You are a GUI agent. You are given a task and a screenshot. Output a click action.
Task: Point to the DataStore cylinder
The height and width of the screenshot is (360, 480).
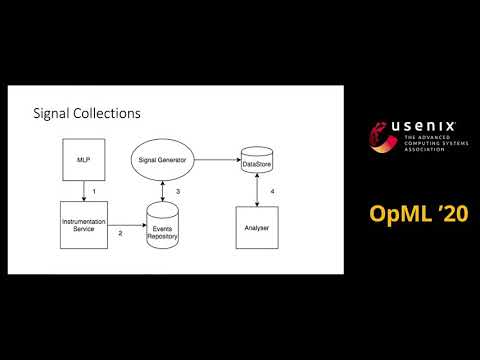[259, 160]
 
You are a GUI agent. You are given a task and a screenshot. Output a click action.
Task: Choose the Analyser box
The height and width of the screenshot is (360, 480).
[259, 228]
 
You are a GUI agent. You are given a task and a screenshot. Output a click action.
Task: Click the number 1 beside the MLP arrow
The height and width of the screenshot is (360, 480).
[93, 190]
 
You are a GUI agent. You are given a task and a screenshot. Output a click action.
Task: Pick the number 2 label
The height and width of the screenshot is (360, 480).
[120, 233]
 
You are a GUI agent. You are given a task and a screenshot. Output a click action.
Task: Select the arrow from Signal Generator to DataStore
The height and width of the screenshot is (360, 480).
[218, 159]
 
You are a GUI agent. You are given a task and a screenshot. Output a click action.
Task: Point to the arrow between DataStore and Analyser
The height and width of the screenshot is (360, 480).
[259, 190]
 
